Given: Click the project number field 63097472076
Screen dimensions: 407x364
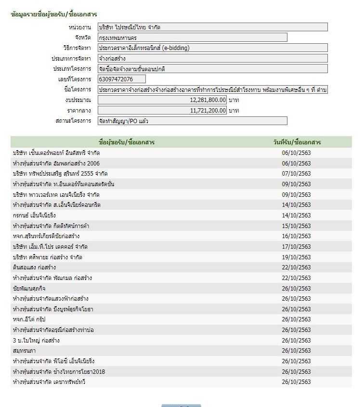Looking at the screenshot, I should point(121,79).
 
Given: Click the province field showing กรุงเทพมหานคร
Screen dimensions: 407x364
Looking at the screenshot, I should point(192,38).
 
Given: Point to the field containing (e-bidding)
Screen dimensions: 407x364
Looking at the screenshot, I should point(212,48).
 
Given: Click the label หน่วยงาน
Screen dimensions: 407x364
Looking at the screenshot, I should point(80,27).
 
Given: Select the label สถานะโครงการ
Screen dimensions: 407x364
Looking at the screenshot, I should point(73,121).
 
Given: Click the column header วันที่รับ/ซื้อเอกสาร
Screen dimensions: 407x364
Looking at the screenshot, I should point(297,142).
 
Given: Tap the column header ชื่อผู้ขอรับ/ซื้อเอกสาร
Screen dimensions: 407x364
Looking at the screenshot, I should point(126,142).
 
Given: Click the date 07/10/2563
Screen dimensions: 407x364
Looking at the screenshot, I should point(297,174).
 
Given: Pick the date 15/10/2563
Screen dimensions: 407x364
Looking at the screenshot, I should point(297,226).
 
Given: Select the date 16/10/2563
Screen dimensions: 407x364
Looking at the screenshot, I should point(297,236).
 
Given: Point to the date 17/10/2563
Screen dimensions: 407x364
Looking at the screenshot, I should point(297,247).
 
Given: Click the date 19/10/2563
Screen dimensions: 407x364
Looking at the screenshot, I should point(297,257).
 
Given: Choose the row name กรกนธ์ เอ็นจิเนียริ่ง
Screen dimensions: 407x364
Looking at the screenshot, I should point(35,216).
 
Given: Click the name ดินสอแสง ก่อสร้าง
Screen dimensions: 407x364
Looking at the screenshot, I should point(35,267).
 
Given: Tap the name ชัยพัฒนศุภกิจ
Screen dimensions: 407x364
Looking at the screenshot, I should point(29,289).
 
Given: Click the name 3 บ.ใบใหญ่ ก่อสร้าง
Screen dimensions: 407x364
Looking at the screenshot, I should point(37,341).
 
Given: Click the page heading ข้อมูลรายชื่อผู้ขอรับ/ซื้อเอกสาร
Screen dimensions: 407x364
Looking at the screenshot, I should point(54,14).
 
